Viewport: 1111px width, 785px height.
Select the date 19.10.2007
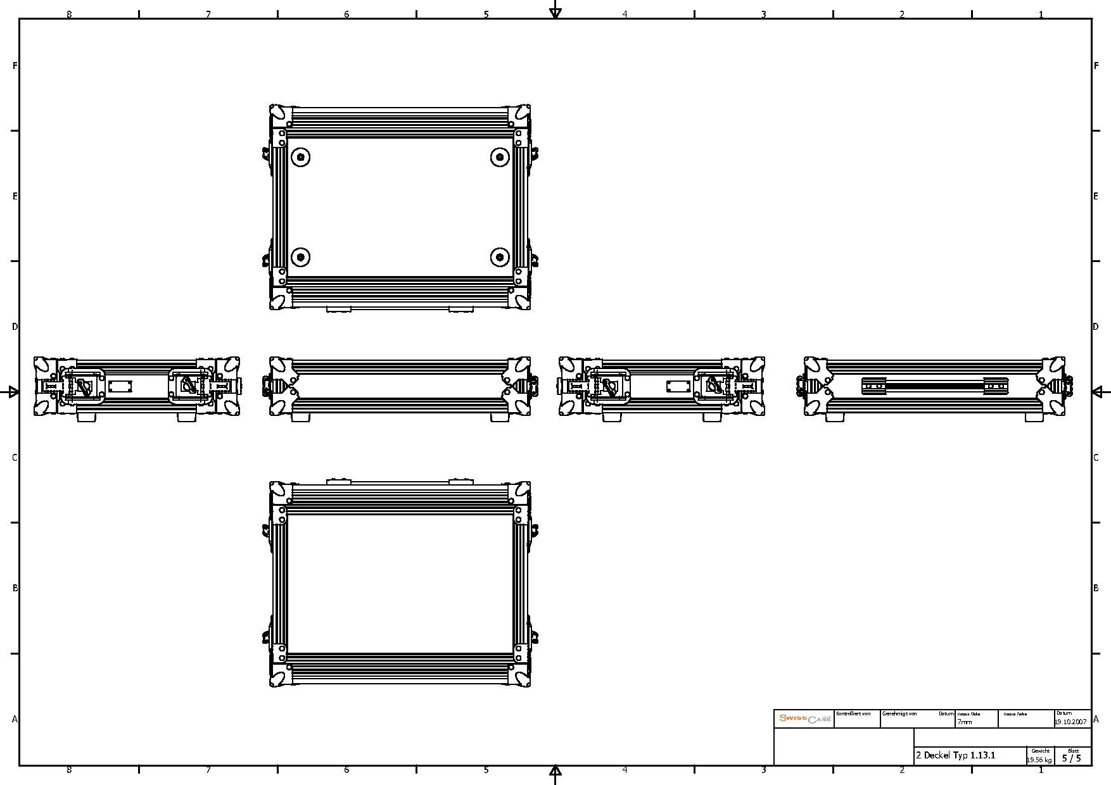1071,722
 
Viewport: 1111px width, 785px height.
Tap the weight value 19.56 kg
1039,760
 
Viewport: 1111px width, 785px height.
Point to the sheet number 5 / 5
1072,758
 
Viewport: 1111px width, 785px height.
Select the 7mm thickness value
964,722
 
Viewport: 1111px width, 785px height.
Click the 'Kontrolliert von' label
853,713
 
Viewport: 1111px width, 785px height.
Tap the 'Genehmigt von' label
899,713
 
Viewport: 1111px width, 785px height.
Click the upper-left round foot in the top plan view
300,156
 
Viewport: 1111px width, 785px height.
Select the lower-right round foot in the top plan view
500,257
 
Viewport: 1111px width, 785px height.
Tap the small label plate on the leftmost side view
120,386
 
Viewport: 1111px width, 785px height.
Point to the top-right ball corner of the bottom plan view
521,491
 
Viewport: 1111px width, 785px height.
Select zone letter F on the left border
15,66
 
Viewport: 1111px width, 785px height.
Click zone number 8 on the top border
69,14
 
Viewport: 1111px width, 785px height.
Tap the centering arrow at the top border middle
555,11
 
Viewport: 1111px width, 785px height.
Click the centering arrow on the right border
1099,392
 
